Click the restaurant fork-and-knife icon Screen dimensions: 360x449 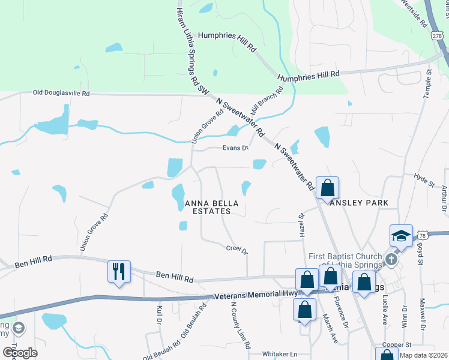[119, 271]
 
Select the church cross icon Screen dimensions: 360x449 [391, 260]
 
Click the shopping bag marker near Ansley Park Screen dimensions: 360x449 [328, 188]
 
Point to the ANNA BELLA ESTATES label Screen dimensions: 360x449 [208, 207]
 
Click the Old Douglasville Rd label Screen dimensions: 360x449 [61, 94]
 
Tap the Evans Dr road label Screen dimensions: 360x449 [235, 148]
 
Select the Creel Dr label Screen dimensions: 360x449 [237, 248]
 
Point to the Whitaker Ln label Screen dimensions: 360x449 [280, 355]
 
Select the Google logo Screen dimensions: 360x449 [20, 352]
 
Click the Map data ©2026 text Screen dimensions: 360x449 [423, 356]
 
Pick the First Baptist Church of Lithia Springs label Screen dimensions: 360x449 [345, 261]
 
